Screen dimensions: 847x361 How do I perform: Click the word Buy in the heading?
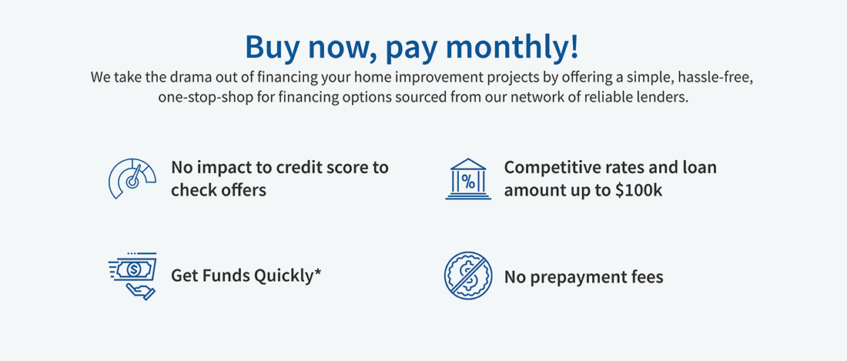tap(272, 47)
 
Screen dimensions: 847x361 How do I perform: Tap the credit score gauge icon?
tap(132, 179)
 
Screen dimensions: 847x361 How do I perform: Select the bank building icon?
tap(468, 179)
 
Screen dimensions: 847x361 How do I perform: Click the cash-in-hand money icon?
tap(132, 276)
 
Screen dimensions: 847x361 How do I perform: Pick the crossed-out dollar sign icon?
tap(468, 276)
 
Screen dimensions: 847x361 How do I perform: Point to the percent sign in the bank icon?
tap(468, 183)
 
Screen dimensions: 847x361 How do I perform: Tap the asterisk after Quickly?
tap(317, 272)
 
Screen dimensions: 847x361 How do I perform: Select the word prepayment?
tap(585, 277)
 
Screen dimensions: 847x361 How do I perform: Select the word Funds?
tap(223, 276)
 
